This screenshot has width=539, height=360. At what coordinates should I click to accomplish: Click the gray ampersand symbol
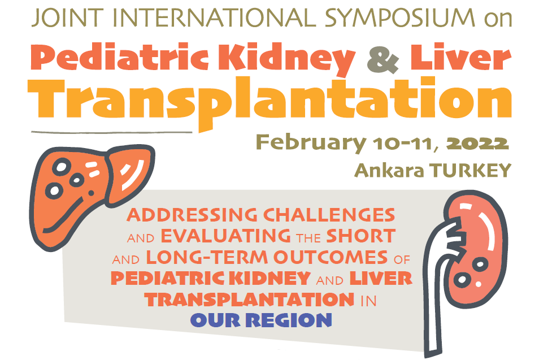(x=383, y=59)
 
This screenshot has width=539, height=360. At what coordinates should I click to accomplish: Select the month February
(x=311, y=142)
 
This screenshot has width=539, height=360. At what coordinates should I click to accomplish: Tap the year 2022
(x=478, y=142)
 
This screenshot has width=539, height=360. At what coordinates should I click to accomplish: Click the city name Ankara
(x=389, y=170)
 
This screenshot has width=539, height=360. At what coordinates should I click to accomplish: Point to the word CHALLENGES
(x=329, y=215)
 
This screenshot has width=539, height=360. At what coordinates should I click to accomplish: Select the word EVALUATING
(x=226, y=236)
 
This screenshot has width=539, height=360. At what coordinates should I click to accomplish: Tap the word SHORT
(x=361, y=236)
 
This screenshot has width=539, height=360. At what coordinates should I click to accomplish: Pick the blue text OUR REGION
(x=261, y=320)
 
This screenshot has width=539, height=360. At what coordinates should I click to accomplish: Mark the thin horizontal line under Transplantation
(x=112, y=132)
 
